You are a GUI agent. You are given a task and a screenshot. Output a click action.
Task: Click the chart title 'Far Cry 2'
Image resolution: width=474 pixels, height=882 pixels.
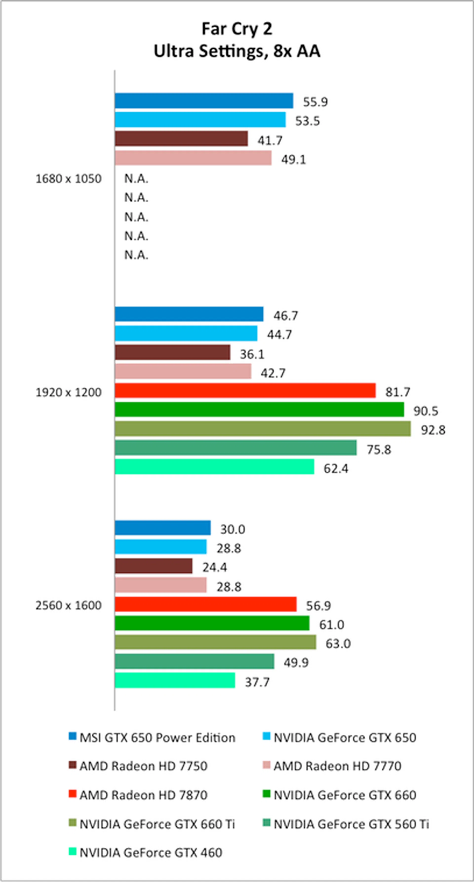click(x=237, y=29)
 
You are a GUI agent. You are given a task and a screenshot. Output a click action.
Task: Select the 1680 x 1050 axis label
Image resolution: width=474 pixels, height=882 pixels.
click(x=68, y=179)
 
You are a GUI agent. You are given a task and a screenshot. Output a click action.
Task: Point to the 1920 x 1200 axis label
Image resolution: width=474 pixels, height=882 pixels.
click(x=68, y=392)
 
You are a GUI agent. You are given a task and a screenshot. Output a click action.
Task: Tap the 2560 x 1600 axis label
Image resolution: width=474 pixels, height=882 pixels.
click(x=68, y=605)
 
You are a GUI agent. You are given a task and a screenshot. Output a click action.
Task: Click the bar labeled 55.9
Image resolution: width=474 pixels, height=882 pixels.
click(x=204, y=101)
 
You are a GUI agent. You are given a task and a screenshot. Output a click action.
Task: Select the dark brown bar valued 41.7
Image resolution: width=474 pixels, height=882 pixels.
click(x=181, y=139)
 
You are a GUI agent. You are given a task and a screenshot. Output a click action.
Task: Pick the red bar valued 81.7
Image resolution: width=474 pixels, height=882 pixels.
click(x=245, y=391)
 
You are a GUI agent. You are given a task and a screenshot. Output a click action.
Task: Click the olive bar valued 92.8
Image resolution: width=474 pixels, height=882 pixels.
click(x=262, y=429)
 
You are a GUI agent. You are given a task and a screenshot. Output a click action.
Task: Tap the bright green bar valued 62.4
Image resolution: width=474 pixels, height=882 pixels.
click(x=214, y=467)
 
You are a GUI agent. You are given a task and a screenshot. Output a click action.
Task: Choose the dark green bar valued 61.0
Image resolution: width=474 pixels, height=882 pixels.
click(x=212, y=623)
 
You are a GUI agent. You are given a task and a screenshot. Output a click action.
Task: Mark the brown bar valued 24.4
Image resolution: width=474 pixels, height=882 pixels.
click(x=153, y=566)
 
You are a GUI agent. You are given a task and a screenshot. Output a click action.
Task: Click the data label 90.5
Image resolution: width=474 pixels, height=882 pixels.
click(x=425, y=411)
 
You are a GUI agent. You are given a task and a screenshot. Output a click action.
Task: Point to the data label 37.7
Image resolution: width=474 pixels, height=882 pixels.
click(x=257, y=682)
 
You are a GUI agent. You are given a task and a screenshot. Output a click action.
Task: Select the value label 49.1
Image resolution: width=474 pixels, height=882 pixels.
click(x=293, y=160)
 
